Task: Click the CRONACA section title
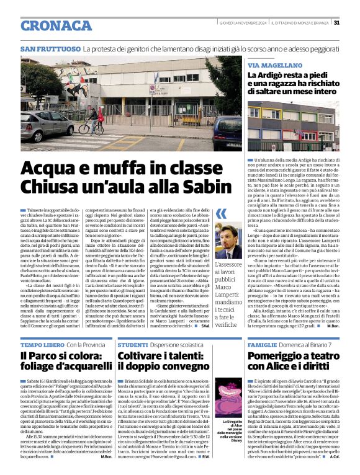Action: tap(56, 25)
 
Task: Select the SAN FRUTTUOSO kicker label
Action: tap(50, 48)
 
